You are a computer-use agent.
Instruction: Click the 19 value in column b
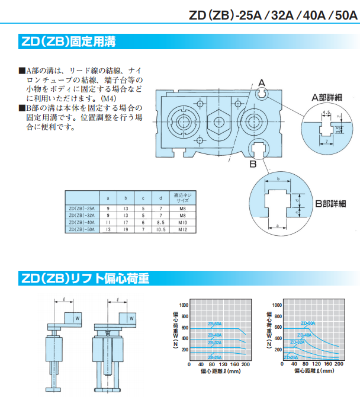click(x=125, y=229)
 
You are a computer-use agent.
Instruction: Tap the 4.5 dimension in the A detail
click(x=326, y=112)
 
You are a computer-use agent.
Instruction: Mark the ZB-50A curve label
click(x=215, y=324)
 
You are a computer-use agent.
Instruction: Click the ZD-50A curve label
click(x=308, y=324)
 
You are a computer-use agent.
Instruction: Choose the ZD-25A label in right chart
click(x=291, y=357)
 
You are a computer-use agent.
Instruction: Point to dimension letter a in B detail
click(x=277, y=225)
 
